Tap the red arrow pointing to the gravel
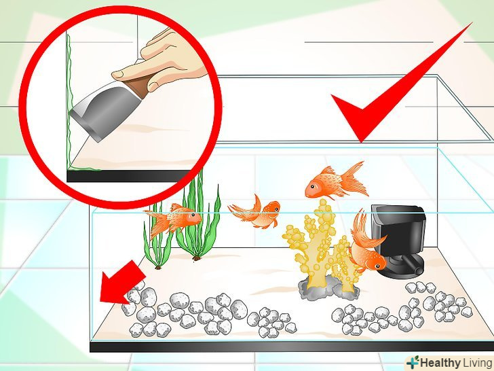point(121,283)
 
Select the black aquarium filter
point(398,239)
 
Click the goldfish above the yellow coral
point(335,181)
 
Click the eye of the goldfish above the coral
point(312,186)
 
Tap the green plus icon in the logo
point(413,362)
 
